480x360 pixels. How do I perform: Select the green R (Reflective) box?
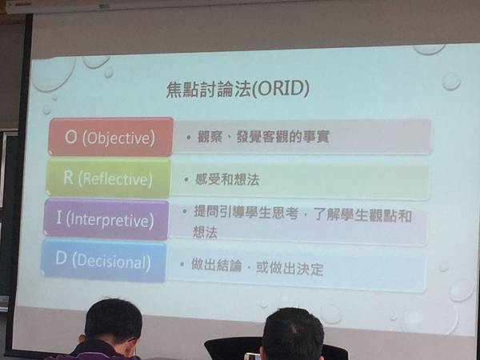[109, 178]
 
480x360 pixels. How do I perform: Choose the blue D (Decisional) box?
[104, 261]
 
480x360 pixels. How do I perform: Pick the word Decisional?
[111, 261]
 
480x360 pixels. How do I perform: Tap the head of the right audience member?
[292, 333]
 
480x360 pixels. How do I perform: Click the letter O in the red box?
[70, 137]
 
